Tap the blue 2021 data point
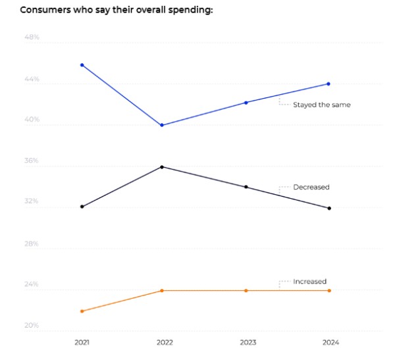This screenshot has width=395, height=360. [82, 65]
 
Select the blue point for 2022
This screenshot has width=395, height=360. [162, 125]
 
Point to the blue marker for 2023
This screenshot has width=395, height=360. [246, 103]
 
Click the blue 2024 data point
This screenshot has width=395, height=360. [329, 84]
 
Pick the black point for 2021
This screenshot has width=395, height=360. [82, 207]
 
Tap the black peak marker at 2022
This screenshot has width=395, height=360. [162, 167]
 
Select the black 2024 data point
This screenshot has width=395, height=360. [329, 208]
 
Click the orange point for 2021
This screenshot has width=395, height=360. [82, 311]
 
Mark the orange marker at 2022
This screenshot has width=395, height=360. [162, 290]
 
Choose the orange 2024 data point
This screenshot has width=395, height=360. [329, 290]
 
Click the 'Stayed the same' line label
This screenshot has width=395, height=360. [322, 105]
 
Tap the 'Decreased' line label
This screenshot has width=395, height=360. [311, 188]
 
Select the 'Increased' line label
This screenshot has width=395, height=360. [309, 282]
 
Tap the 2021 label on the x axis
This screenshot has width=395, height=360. [82, 343]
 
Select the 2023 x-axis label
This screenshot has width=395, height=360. [246, 343]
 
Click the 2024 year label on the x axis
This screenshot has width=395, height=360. [329, 343]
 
